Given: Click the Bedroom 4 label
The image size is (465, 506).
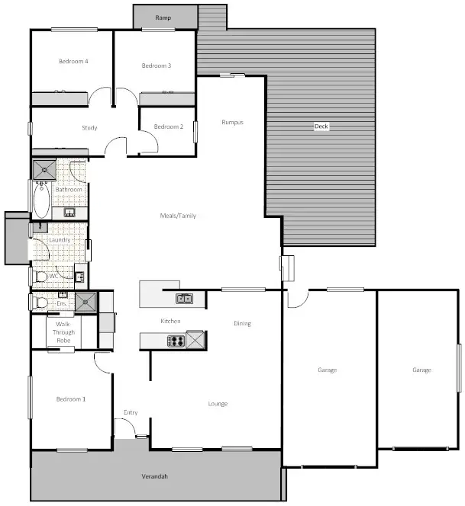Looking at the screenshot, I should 74,61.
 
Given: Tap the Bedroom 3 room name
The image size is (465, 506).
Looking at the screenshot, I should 156,66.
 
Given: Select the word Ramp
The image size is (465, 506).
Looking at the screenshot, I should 163,17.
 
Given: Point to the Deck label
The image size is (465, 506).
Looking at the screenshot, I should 321,126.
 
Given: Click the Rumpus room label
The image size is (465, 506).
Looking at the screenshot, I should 232,122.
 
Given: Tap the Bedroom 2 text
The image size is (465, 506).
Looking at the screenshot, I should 168,126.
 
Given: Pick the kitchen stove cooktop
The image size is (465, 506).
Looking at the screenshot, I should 175,341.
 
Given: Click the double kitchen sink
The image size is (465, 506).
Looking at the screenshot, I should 185,298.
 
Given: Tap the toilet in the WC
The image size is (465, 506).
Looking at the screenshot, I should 40,276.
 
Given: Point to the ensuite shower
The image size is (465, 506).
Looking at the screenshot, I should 86,303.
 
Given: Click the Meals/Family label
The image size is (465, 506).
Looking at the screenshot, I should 178,216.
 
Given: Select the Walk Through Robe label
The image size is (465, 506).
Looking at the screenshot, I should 63,332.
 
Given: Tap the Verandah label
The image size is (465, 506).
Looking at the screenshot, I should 155,476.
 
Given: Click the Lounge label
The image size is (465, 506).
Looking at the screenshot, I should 218,403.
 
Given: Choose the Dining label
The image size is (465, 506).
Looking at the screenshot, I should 242,323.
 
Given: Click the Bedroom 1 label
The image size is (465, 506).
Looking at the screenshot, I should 70,399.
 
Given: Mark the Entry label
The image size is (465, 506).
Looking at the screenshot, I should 131,412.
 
